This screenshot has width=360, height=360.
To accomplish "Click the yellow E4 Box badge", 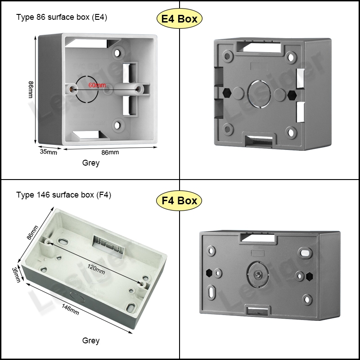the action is [x=179, y=18].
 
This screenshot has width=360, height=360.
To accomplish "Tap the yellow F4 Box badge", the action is [x=179, y=200].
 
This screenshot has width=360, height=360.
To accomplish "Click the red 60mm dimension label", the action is [x=97, y=85].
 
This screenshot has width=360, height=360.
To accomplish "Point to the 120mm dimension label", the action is [x=96, y=269].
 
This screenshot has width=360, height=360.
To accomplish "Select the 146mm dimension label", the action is [x=70, y=309].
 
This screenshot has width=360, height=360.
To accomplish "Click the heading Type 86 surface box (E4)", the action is [x=62, y=17].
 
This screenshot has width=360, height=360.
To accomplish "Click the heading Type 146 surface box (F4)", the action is [x=63, y=195].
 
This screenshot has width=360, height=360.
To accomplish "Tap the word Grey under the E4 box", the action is [x=91, y=163].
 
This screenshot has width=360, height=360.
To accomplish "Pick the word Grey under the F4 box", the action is [x=91, y=341].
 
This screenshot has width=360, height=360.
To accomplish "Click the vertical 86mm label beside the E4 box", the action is [x=31, y=90].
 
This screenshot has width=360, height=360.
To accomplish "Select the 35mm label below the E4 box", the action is [x=49, y=152].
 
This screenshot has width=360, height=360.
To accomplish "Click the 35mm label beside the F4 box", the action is [x=16, y=274].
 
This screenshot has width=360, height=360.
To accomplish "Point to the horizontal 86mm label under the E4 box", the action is [x=110, y=152].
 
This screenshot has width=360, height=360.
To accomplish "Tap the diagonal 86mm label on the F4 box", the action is [x=32, y=233].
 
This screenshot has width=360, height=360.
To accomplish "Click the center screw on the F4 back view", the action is [x=257, y=274].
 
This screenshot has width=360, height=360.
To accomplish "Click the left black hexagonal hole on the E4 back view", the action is [x=227, y=93].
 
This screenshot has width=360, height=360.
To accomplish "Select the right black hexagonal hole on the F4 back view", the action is [x=309, y=276].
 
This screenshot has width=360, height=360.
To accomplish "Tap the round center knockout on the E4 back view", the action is [x=259, y=94].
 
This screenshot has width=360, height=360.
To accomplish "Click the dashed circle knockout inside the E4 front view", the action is [x=87, y=89].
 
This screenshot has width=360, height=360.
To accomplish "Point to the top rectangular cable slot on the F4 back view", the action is [x=257, y=238].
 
